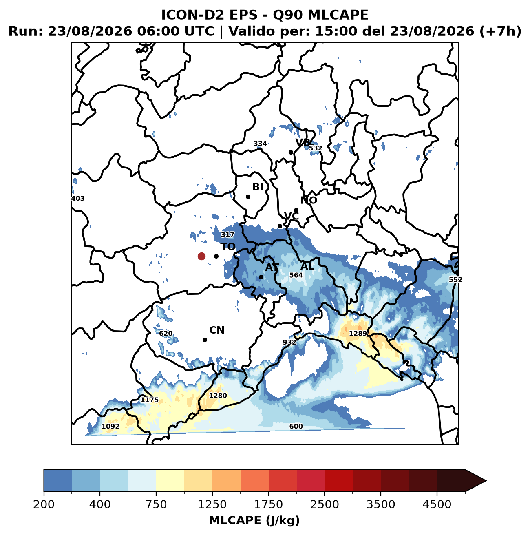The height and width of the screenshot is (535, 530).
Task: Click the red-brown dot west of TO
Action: [x=201, y=256]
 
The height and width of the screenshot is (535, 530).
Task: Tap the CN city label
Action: [x=216, y=330]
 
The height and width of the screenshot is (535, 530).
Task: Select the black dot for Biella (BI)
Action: [x=248, y=197]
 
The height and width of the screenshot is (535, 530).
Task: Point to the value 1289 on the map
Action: [x=358, y=333]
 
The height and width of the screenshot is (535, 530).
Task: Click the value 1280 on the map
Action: [x=218, y=396]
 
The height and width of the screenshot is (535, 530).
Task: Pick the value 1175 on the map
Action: [x=149, y=400]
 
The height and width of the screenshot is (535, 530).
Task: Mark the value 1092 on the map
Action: [x=110, y=426]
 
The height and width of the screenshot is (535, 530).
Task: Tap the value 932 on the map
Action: [x=289, y=342]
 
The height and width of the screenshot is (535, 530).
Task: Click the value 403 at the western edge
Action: [x=78, y=199]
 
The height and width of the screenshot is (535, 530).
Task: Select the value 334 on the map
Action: [x=260, y=144]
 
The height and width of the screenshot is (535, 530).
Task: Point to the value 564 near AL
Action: [x=296, y=275]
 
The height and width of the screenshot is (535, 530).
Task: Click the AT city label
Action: [x=272, y=267]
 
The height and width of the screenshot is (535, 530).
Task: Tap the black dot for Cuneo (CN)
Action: [x=205, y=340]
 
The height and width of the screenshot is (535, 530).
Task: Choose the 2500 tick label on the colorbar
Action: [x=325, y=504]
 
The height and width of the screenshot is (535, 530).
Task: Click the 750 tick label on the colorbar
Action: [x=156, y=504]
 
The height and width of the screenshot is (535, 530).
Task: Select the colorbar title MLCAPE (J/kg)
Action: [x=254, y=520]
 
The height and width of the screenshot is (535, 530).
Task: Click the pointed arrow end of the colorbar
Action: [x=486, y=481]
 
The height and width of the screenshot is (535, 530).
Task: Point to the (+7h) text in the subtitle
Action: [x=500, y=31]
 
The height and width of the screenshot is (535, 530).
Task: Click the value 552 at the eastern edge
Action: [x=455, y=280]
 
